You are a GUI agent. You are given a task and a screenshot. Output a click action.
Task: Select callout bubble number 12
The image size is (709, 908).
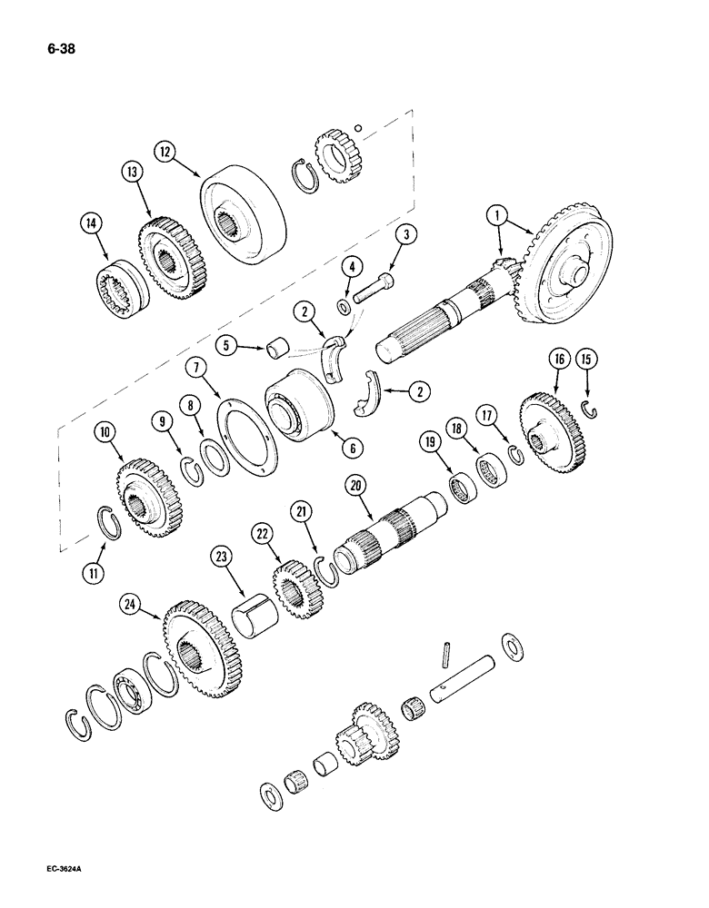(165, 150)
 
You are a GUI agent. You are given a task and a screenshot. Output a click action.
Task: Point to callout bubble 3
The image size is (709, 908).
(409, 233)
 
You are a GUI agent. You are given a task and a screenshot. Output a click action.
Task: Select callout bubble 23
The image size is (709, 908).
(224, 554)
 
